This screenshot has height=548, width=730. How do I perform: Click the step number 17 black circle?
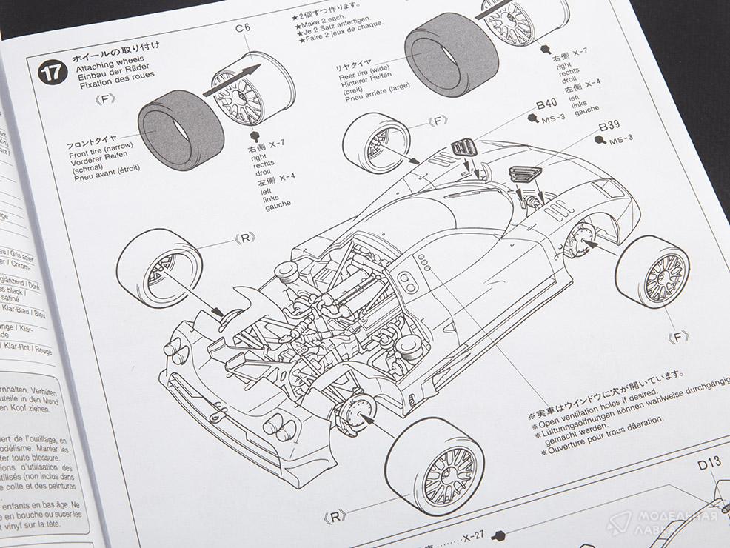pos(51,73)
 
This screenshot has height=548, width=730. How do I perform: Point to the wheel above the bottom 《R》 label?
pos(435,464)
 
